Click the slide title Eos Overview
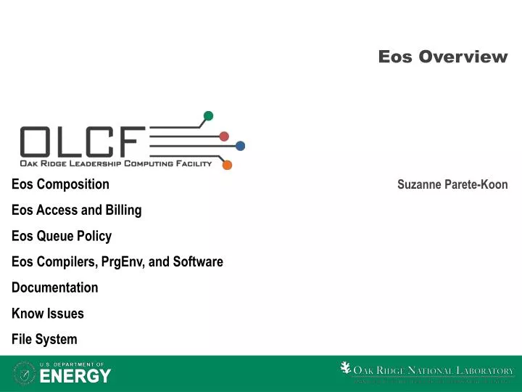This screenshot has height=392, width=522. click(443, 57)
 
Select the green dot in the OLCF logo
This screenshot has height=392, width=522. click(209, 115)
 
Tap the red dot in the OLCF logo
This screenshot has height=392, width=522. click(224, 136)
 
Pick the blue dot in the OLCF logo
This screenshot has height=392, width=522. click(240, 146)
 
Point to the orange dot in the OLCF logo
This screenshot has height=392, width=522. click(227, 165)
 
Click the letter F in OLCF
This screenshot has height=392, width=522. click(131, 142)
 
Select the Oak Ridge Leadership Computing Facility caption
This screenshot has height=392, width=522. click(116, 164)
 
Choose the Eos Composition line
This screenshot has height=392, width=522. click(60, 184)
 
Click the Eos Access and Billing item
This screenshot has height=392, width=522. click(76, 211)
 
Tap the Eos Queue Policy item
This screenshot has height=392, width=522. click(62, 236)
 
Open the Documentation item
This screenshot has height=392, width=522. click(54, 287)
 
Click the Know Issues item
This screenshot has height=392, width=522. click(47, 314)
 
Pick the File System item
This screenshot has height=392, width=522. click(44, 340)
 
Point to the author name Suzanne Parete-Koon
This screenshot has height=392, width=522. click(452, 185)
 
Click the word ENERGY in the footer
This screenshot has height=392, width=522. click(75, 376)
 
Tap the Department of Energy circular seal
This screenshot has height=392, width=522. click(24, 373)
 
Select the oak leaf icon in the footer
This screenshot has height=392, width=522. click(346, 369)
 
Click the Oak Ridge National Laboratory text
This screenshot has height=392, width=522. click(434, 371)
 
